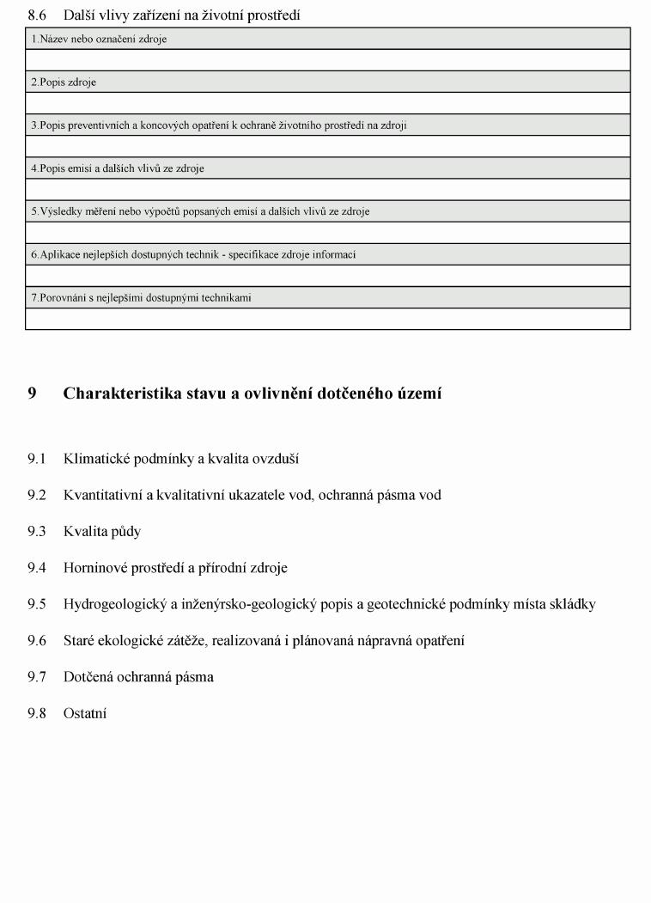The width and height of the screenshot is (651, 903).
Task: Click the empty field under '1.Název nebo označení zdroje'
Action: (327, 60)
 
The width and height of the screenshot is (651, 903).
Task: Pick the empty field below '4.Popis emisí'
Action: (327, 189)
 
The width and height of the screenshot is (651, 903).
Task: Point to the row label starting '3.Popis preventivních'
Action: (219, 125)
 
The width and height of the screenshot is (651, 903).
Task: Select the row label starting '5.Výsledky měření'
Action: (200, 211)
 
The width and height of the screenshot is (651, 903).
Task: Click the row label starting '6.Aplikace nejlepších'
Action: (193, 254)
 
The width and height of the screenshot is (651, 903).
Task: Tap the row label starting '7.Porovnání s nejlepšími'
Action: (142, 298)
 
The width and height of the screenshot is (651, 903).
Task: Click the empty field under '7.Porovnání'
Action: (327, 319)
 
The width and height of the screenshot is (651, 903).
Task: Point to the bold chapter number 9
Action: (32, 394)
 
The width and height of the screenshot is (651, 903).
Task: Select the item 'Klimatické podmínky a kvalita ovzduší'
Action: (180, 459)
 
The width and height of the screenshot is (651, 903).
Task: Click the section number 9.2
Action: (36, 495)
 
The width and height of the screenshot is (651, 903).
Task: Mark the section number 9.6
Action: (36, 640)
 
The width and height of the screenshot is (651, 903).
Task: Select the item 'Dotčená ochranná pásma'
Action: (138, 677)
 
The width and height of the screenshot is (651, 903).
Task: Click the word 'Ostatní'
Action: (85, 713)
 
